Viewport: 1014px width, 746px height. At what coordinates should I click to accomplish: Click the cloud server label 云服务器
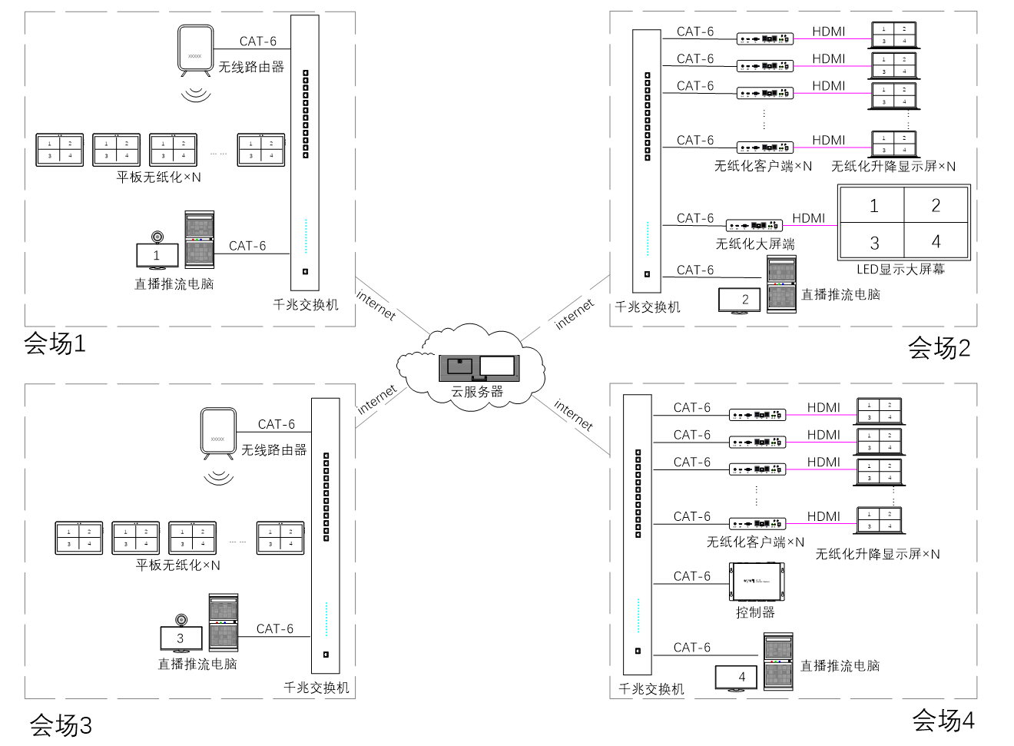pyautogui.click(x=477, y=392)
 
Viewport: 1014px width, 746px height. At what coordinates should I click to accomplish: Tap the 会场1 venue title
pyautogui.click(x=55, y=343)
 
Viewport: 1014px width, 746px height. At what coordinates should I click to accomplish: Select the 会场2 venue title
pyautogui.click(x=939, y=348)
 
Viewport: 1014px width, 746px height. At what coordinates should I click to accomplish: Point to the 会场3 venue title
pyautogui.click(x=61, y=724)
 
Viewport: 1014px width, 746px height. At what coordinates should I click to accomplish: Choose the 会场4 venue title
pyautogui.click(x=943, y=721)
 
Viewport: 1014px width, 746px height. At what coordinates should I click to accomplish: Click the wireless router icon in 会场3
pyautogui.click(x=218, y=434)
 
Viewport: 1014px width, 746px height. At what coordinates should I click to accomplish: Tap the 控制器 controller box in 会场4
pyautogui.click(x=757, y=582)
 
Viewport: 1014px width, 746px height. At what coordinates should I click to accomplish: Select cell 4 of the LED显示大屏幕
pyautogui.click(x=936, y=242)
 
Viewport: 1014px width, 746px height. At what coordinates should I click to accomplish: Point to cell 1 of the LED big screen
pyautogui.click(x=873, y=206)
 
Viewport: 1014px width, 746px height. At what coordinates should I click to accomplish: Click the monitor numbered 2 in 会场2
pyautogui.click(x=739, y=300)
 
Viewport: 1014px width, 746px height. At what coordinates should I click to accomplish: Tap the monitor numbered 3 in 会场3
pyautogui.click(x=181, y=638)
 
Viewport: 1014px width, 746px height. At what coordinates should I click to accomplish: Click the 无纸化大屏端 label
pyautogui.click(x=755, y=244)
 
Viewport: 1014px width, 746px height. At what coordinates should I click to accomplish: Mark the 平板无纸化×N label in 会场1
pyautogui.click(x=158, y=177)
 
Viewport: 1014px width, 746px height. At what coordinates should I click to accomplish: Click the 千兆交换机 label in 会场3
pyautogui.click(x=316, y=688)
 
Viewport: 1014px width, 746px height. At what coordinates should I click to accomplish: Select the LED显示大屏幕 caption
pyautogui.click(x=900, y=269)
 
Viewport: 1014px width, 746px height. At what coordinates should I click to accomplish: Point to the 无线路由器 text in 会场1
pyautogui.click(x=251, y=67)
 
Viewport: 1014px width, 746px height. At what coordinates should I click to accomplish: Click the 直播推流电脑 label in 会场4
pyautogui.click(x=840, y=665)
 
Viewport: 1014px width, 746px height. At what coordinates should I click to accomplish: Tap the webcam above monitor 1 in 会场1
pyautogui.click(x=157, y=237)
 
